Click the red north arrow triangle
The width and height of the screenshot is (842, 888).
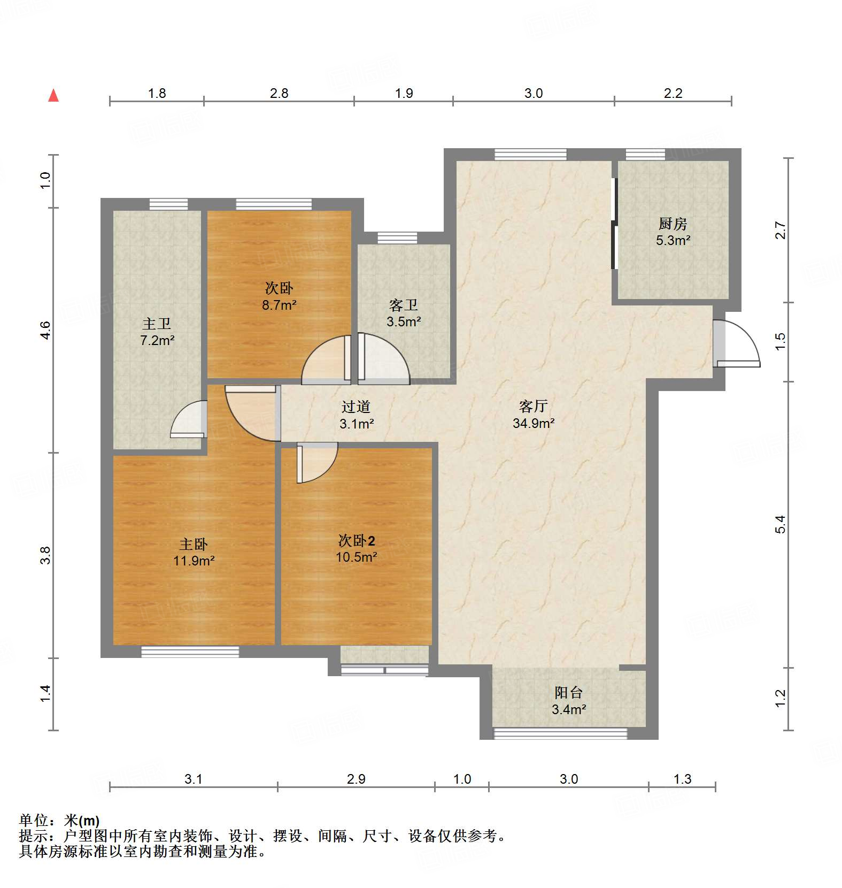coord(53,95)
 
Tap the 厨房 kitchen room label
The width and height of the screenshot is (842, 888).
coord(673,224)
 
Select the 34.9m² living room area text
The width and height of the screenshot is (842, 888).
coord(534,423)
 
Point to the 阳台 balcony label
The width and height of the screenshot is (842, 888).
coord(568,693)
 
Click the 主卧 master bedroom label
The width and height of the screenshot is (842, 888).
coord(194,545)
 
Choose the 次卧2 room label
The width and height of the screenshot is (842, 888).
coord(357,540)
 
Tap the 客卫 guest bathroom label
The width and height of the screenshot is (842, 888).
coord(404,305)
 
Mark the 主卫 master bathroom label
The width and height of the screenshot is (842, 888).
coord(157,324)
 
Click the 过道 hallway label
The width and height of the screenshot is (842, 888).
coord(356,407)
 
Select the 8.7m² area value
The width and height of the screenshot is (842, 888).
coord(279,305)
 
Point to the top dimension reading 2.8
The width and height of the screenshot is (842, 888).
coord(279,94)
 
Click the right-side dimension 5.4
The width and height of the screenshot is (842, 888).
coord(781,524)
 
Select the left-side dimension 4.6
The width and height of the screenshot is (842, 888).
coord(46,330)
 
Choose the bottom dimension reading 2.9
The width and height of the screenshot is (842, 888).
coord(356,779)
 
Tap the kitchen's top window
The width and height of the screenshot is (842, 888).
coord(645,155)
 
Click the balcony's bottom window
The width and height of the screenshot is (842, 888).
coord(560,733)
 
